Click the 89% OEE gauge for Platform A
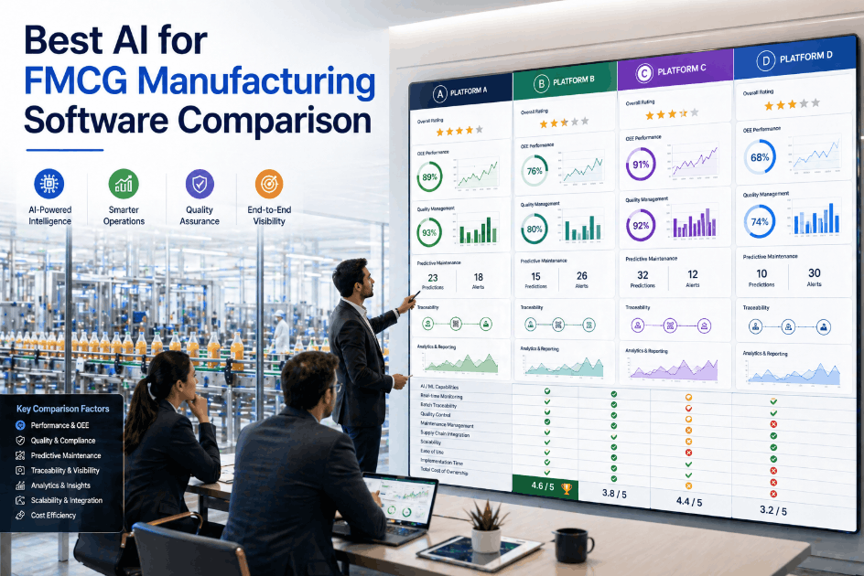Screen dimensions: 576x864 [x=429, y=176]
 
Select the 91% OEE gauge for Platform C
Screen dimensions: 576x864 [x=641, y=165]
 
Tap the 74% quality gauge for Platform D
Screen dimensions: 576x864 [x=760, y=221]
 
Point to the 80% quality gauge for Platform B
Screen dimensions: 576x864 [x=535, y=229]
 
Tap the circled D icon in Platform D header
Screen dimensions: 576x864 [x=765, y=62]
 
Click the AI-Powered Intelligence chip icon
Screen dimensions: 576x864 [x=49, y=184]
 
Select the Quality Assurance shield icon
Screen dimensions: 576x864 [x=200, y=184]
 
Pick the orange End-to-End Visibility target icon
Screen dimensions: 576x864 [x=269, y=184]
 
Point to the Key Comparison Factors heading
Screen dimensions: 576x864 [x=62, y=409]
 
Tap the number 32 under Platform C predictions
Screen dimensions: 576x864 [x=643, y=274]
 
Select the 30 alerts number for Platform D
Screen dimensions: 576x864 [x=814, y=273]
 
